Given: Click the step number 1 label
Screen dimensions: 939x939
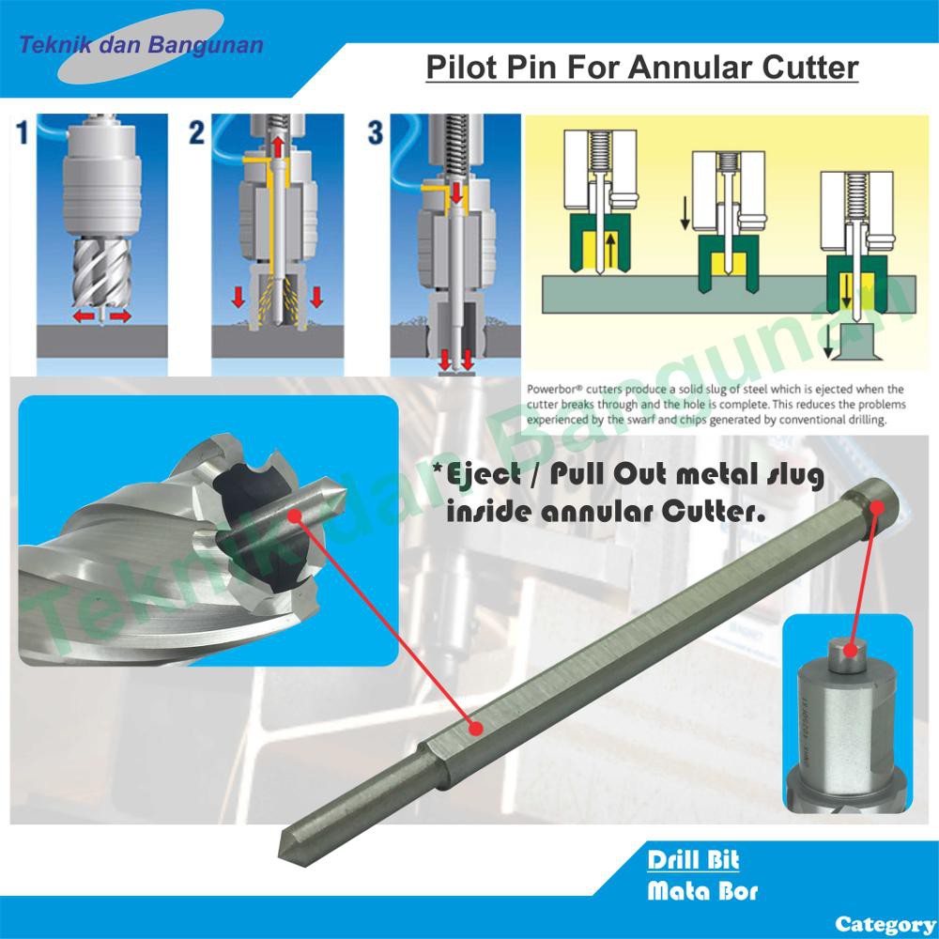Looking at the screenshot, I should (23, 132).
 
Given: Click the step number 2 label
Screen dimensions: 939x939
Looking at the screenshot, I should (196, 132).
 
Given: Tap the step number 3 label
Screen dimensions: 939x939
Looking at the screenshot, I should (376, 132).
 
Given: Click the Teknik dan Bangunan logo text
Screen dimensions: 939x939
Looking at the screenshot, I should (142, 44).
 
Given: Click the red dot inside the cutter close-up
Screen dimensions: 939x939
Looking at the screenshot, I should (295, 515).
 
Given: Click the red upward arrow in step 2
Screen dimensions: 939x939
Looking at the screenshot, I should (279, 146).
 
